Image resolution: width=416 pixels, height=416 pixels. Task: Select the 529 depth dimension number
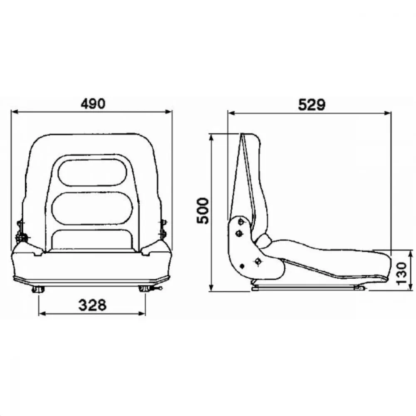(311, 105)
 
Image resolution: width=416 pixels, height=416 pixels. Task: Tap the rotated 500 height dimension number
(203, 210)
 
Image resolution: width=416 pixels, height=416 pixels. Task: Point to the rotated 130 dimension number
(401, 274)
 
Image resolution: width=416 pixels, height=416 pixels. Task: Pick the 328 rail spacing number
(92, 305)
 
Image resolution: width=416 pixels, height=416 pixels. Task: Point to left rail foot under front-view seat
(39, 289)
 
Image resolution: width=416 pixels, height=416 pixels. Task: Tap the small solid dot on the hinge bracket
(242, 266)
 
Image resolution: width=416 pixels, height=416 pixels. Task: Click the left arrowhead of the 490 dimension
(14, 111)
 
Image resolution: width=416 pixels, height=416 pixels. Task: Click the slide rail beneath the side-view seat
(308, 287)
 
